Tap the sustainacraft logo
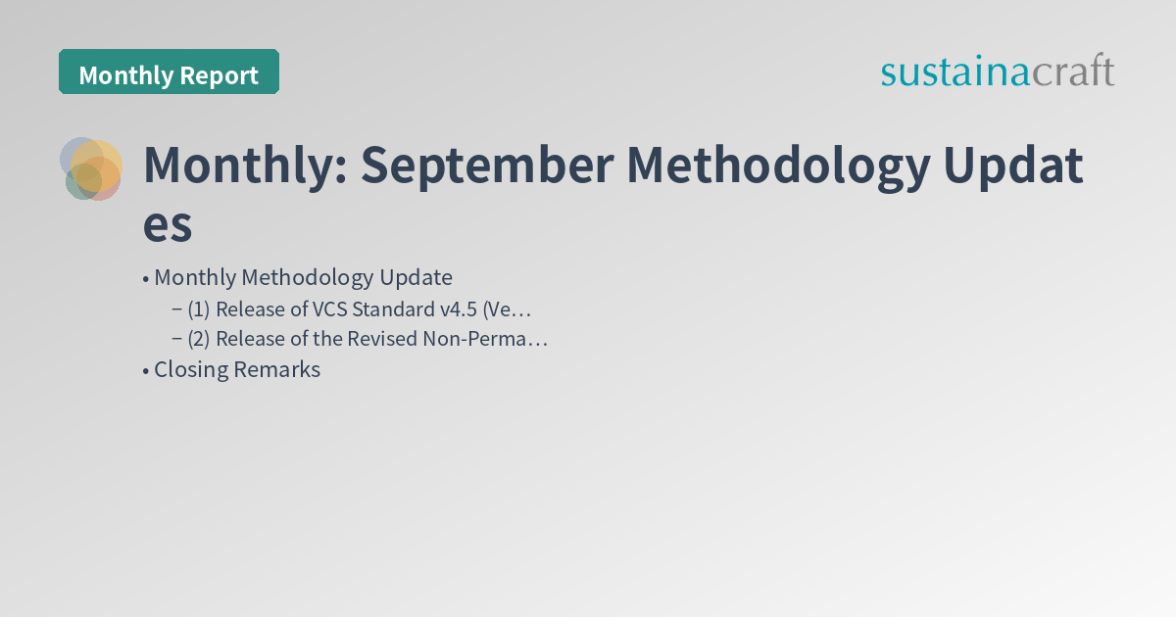[x=997, y=71]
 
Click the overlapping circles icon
[x=91, y=168]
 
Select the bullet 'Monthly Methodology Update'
[x=303, y=277]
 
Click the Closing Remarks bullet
[x=236, y=369]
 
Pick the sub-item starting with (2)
[x=367, y=339]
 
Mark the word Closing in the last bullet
[x=191, y=369]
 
